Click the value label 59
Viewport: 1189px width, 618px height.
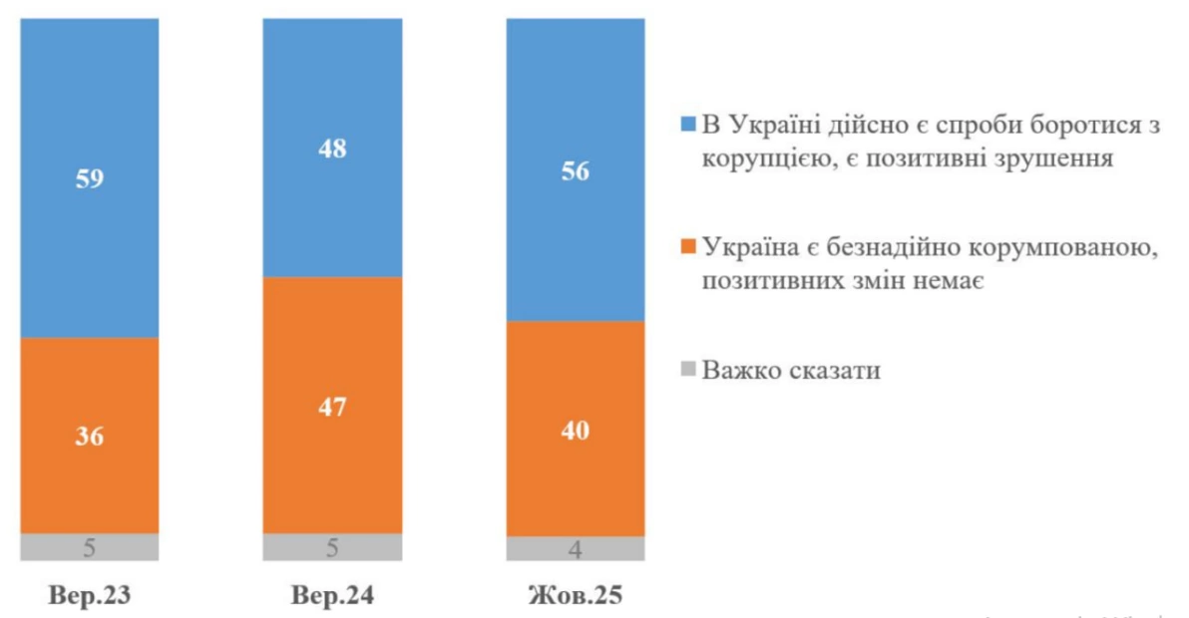coord(89,179)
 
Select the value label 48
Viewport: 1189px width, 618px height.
coord(332,150)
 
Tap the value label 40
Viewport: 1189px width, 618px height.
coord(576,431)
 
